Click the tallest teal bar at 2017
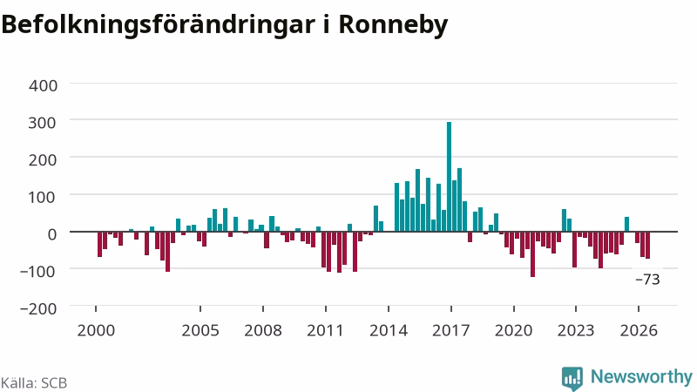tap(449, 177)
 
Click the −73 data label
tap(647, 280)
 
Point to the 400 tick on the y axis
tap(43, 85)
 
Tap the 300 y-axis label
tap(43, 122)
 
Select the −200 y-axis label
tap(38, 308)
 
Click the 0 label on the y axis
tap(52, 233)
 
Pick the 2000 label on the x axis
tap(96, 330)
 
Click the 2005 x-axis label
tap(200, 330)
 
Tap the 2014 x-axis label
tap(389, 330)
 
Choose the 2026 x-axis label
tap(639, 330)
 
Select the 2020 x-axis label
tap(514, 330)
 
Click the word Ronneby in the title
tap(393, 25)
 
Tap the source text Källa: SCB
tap(34, 382)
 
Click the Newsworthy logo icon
tap(572, 378)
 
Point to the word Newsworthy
tap(641, 376)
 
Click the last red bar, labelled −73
tap(647, 245)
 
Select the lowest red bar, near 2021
tap(532, 254)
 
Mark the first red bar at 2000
tap(99, 244)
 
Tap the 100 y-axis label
tap(43, 197)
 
